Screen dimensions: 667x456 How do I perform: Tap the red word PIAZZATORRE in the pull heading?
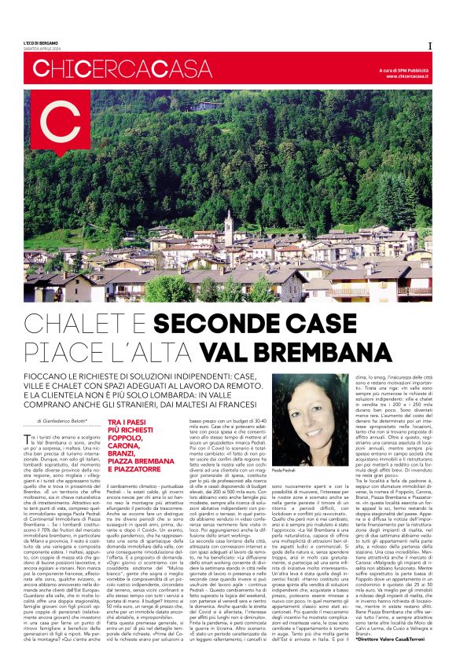138,469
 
